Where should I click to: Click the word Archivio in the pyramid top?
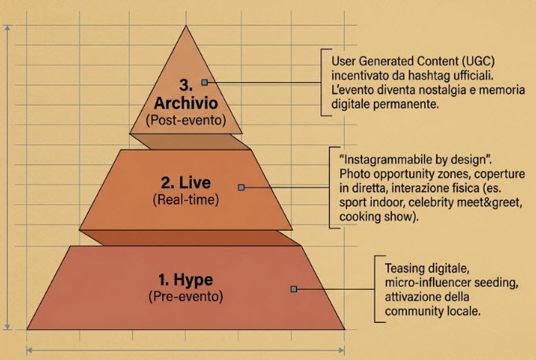coord(186,103)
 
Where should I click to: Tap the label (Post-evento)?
coord(186,120)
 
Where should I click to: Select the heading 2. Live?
coord(186,183)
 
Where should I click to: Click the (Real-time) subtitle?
coord(186,199)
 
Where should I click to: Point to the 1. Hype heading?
coord(186,280)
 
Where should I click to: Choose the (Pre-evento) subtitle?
coord(186,296)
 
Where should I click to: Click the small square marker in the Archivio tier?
coord(205,82)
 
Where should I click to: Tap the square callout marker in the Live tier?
coord(242,187)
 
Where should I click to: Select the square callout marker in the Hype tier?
coord(294,289)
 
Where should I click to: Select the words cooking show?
coord(377,217)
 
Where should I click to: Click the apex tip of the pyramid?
coord(186,26)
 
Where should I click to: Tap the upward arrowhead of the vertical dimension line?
coord(8,28)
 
